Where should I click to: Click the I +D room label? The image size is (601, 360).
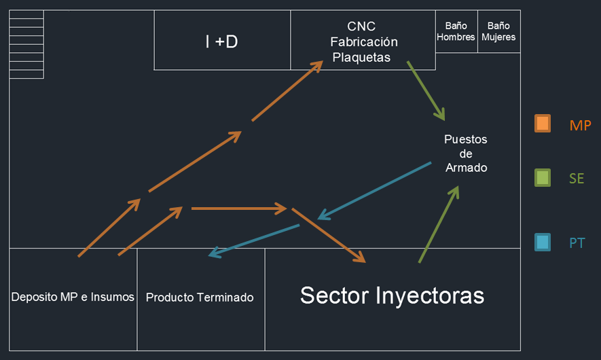click(221, 41)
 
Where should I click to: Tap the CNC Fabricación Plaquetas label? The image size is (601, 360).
click(363, 42)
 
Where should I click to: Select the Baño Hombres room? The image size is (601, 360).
click(456, 31)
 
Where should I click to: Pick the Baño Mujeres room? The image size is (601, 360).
click(498, 31)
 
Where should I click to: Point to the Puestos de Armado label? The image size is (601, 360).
click(466, 154)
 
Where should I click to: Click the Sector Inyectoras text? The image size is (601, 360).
click(392, 295)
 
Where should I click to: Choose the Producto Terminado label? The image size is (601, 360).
click(200, 298)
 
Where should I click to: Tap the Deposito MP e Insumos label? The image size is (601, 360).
click(73, 297)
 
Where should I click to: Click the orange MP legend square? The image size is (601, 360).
click(543, 124)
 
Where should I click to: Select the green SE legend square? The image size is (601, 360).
click(543, 178)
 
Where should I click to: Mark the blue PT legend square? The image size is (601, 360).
click(543, 242)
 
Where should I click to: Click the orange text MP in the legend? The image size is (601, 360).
click(580, 126)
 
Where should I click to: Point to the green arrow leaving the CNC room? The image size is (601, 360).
click(426, 91)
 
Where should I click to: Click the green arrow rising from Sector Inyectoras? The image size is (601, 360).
click(439, 224)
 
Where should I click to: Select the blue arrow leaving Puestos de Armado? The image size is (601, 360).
click(374, 191)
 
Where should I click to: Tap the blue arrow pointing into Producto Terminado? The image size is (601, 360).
click(253, 240)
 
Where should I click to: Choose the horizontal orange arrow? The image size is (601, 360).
click(239, 209)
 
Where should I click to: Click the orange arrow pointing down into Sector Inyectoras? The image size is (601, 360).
click(329, 236)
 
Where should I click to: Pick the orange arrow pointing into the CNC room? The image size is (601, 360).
click(287, 91)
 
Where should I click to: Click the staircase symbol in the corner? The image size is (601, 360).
click(26, 44)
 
